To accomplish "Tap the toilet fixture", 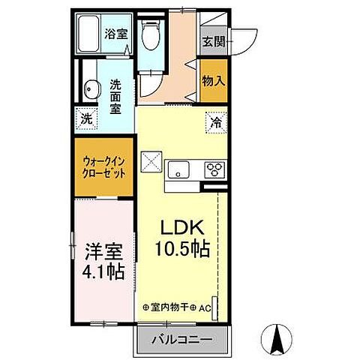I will point(152,34).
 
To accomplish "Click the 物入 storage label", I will point(213,80).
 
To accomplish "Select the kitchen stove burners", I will point(215,169).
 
